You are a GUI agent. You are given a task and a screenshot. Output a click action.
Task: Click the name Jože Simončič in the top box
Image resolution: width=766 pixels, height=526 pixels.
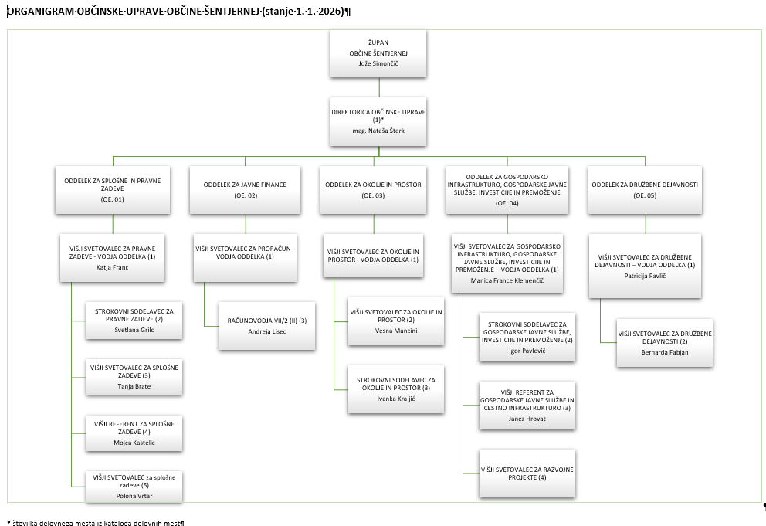(x=378, y=63)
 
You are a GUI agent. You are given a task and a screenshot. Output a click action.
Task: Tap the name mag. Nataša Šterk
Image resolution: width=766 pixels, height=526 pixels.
(x=378, y=131)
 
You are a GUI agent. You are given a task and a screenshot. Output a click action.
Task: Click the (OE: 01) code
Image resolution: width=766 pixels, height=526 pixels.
(x=113, y=199)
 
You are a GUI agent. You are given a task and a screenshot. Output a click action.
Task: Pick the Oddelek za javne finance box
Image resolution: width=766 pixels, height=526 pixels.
(x=246, y=189)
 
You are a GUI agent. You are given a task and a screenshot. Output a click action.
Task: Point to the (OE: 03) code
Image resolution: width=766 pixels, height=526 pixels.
(x=374, y=195)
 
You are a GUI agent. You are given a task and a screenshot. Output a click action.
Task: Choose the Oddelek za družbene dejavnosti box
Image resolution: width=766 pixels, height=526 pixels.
(x=645, y=189)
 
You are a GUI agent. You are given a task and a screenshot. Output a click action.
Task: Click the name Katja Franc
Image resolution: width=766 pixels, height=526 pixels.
(x=113, y=267)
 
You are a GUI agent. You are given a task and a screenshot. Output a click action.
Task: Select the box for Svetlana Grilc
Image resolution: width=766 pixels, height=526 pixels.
(x=134, y=319)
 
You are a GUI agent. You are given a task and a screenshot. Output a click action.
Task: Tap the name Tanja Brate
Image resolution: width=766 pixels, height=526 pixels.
(x=134, y=385)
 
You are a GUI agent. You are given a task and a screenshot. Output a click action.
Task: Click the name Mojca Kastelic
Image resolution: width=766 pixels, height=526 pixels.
(x=134, y=443)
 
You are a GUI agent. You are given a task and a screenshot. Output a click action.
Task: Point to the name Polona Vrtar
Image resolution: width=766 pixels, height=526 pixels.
(x=134, y=495)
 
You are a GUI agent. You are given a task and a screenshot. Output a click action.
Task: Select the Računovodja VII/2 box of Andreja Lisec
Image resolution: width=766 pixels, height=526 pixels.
(x=267, y=324)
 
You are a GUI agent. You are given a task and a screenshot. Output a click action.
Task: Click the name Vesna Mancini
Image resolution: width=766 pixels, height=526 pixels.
(x=395, y=331)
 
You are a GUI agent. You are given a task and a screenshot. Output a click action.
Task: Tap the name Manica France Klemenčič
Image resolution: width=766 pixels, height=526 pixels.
(x=507, y=280)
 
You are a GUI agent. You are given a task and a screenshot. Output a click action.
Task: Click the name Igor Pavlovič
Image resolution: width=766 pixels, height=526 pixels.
(x=527, y=351)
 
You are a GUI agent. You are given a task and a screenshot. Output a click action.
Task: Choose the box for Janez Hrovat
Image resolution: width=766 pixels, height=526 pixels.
(x=527, y=406)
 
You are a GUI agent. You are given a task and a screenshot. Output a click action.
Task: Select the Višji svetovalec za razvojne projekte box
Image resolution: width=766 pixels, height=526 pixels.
(x=527, y=473)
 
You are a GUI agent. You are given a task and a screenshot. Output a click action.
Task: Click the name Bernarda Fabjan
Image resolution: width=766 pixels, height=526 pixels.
(x=665, y=352)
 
